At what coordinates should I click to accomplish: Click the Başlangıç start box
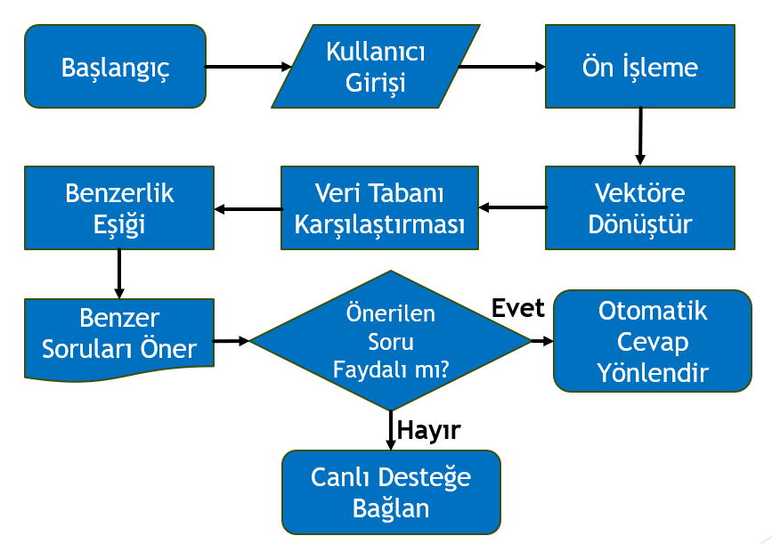[115, 67]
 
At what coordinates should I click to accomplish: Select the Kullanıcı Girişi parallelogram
[375, 67]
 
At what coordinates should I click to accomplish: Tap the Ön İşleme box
[639, 67]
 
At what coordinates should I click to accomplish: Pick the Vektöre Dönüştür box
[639, 207]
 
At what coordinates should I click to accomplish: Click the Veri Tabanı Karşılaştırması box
[378, 207]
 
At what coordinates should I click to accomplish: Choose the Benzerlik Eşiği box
[119, 207]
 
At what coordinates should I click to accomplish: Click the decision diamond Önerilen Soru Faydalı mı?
[390, 341]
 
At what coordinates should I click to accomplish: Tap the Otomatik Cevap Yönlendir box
[652, 341]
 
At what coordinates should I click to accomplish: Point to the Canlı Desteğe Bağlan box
[391, 491]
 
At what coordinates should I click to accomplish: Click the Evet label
[517, 307]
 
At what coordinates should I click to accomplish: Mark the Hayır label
[428, 431]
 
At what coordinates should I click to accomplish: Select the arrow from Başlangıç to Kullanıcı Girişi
[248, 67]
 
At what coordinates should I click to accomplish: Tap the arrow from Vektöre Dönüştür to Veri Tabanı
[511, 208]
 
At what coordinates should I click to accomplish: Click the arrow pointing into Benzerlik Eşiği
[248, 209]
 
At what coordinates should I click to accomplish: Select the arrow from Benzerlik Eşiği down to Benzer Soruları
[119, 272]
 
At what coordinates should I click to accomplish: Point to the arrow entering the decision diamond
[232, 341]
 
